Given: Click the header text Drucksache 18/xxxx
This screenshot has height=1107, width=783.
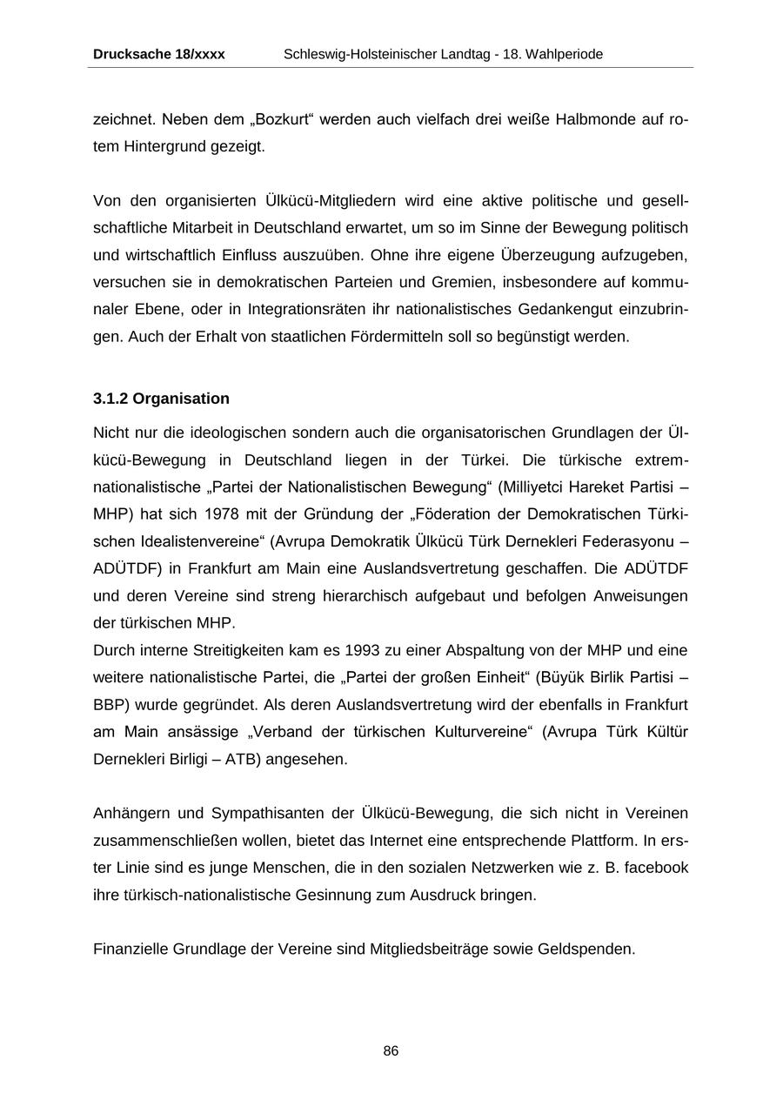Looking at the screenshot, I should click(x=158, y=54).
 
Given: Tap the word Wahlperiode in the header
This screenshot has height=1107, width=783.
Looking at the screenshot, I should click(x=564, y=54).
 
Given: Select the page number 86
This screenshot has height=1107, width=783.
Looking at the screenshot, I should click(x=391, y=1051).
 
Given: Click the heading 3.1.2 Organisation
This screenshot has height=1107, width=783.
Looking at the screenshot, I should click(x=161, y=399).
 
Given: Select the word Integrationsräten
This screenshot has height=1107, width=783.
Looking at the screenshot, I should click(x=304, y=309).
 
